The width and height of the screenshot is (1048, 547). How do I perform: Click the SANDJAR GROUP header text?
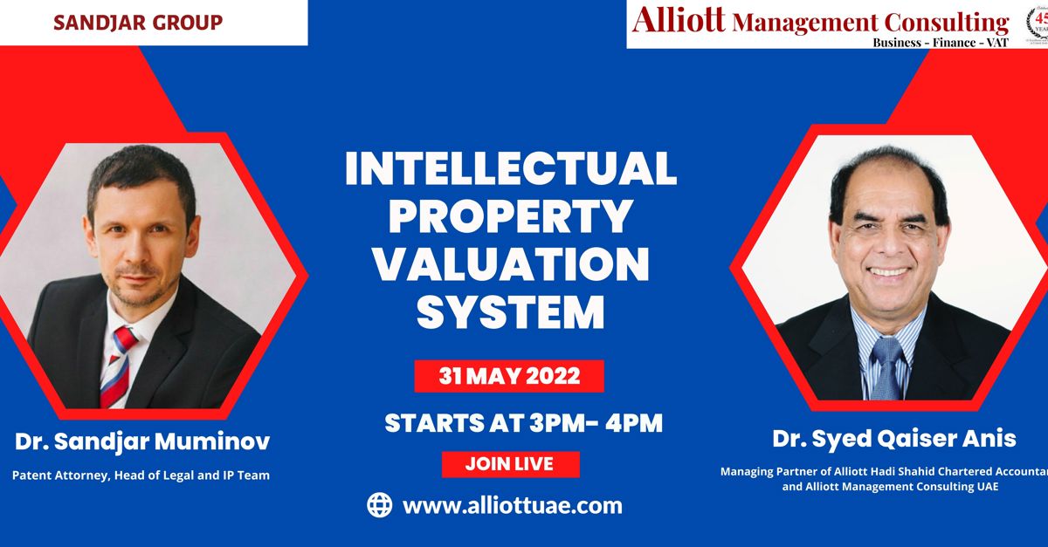[x=138, y=22]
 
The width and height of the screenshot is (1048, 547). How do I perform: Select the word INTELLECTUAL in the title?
[x=511, y=169]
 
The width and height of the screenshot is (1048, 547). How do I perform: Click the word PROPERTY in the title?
[x=511, y=217]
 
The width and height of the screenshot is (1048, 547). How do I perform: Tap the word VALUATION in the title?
[x=511, y=265]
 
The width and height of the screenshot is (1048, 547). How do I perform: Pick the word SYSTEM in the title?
[x=511, y=313]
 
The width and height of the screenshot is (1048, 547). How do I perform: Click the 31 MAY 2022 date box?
[x=509, y=376]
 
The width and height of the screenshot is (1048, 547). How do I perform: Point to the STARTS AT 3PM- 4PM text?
[x=524, y=424]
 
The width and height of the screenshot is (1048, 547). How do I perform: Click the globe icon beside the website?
[x=379, y=504]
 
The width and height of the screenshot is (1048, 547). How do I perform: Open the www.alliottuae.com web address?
[x=512, y=505]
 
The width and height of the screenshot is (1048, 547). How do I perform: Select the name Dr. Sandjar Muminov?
[x=141, y=442]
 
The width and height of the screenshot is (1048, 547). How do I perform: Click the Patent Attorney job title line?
[x=141, y=475]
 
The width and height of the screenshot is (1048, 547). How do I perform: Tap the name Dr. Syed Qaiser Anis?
[x=894, y=439]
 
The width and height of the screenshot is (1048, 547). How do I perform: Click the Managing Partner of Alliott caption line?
[x=883, y=471]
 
